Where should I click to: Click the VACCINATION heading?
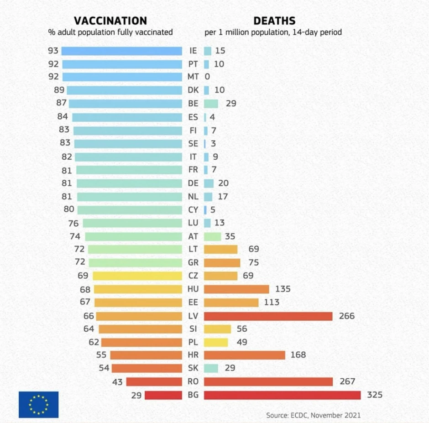coord(110,21)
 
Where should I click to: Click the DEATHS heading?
coord(274,21)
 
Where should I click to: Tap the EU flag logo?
coord(38,404)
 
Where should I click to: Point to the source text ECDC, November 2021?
coord(313,415)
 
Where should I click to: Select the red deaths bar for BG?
coord(282,395)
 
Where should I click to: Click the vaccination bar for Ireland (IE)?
coord(121,51)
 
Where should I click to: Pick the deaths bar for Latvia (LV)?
coord(268,316)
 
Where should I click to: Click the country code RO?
coord(193,381)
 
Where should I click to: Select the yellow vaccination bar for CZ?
coord(137,276)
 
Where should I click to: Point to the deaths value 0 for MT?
coord(207,77)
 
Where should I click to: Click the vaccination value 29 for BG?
coord(136,395)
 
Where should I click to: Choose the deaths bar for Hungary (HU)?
coord(236,289)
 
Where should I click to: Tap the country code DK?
coord(193,90)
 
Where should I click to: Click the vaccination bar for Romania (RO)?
coord(154,381)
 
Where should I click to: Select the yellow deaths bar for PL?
coord(215,342)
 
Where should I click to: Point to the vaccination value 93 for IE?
coord(53,51)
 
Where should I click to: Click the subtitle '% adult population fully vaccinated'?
coord(110,32)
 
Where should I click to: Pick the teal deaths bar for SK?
coord(211,368)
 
